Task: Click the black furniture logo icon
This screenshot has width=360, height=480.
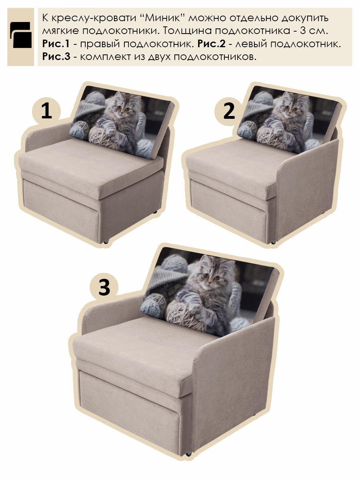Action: pos(21,35)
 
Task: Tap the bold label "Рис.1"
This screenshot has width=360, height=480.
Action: pos(56,44)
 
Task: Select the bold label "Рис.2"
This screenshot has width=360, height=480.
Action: pos(211,44)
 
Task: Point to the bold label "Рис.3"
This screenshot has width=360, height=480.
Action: pos(56,56)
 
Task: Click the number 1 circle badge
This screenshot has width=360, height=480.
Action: pos(46,111)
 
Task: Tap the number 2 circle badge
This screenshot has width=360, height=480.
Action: pos(229,111)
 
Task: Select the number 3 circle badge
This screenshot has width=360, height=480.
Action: pos(104,287)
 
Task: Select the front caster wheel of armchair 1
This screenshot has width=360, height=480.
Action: pos(106,242)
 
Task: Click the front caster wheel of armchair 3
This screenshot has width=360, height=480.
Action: pos(188,454)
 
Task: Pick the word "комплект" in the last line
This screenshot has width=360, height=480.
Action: pos(104,57)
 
